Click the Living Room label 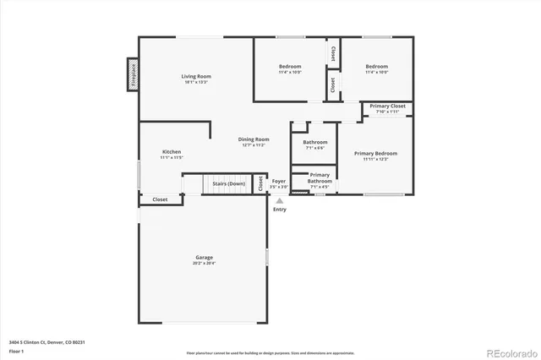click(x=196, y=77)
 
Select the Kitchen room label click(x=172, y=152)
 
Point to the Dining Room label click(x=254, y=139)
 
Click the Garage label click(x=205, y=258)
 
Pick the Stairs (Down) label click(x=228, y=183)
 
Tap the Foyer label click(x=278, y=181)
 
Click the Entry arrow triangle click(x=280, y=200)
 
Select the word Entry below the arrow click(x=280, y=210)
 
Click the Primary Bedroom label click(x=375, y=154)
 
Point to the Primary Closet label click(x=388, y=106)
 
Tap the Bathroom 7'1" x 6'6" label click(x=315, y=143)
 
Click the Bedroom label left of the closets click(x=291, y=67)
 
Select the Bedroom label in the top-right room click(x=376, y=67)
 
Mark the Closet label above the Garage click(x=160, y=199)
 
